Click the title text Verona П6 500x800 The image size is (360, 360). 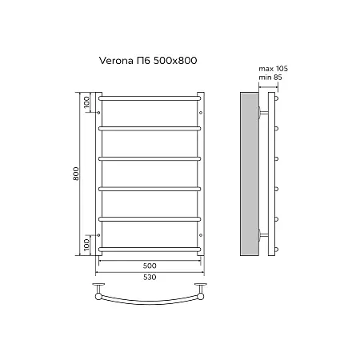click(x=148, y=61)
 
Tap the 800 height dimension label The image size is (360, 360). click(x=76, y=174)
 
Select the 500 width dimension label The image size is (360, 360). click(x=150, y=266)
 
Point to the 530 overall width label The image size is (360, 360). click(x=150, y=277)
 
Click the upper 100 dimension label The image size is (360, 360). click(x=86, y=102)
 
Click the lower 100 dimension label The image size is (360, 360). click(x=86, y=245)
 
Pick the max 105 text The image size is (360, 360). click(x=273, y=69)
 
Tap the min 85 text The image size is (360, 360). click(x=270, y=78)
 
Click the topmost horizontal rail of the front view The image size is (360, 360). click(x=150, y=98)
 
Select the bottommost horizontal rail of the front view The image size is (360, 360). click(x=150, y=250)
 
